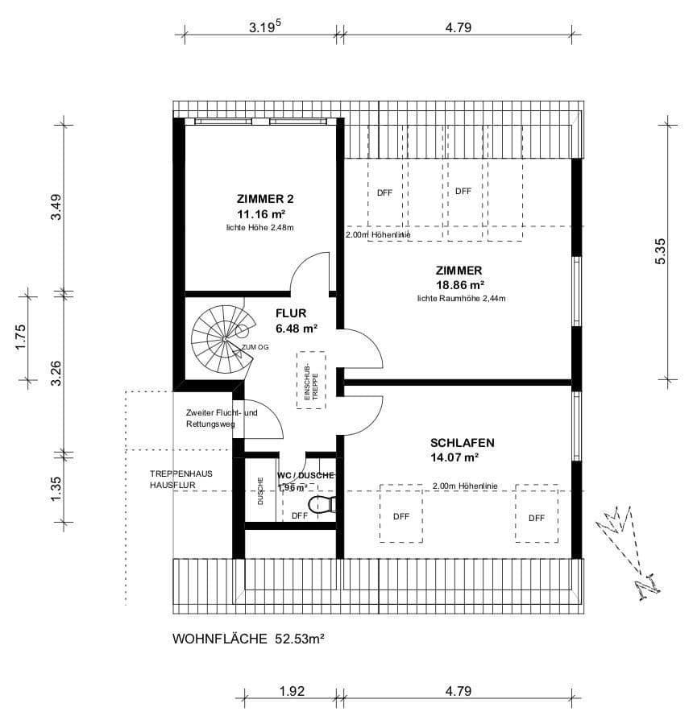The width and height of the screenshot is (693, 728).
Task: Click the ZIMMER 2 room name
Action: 260,198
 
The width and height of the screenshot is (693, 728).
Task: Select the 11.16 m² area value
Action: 260,213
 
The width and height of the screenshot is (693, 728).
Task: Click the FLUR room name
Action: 291,314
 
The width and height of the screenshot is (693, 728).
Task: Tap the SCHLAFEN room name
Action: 462,443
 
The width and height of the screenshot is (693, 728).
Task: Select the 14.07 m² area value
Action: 455,458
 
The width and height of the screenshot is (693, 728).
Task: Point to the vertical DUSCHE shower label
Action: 261,491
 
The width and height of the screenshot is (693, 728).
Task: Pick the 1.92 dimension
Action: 291,691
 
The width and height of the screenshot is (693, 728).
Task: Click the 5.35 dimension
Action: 661,251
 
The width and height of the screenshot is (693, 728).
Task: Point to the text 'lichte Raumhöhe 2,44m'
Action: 461,299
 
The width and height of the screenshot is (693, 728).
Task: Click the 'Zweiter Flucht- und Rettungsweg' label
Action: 221,419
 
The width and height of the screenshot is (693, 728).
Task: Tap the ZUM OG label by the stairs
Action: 255,346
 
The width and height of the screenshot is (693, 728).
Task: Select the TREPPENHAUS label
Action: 181,474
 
